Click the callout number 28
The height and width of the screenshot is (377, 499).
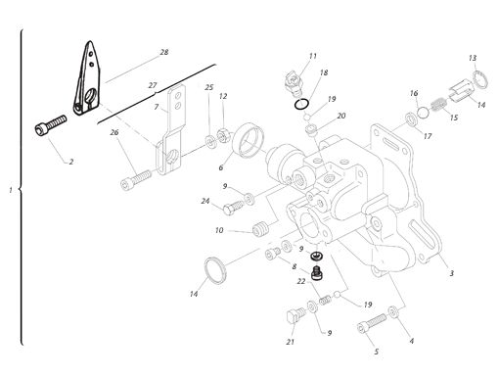(x=163, y=51)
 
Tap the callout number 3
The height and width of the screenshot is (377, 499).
(x=450, y=273)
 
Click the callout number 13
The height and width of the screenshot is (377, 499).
(x=473, y=58)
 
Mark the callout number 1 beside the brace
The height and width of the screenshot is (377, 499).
(x=9, y=189)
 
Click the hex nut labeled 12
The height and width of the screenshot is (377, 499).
(x=222, y=130)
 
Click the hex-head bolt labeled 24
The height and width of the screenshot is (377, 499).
(x=234, y=207)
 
